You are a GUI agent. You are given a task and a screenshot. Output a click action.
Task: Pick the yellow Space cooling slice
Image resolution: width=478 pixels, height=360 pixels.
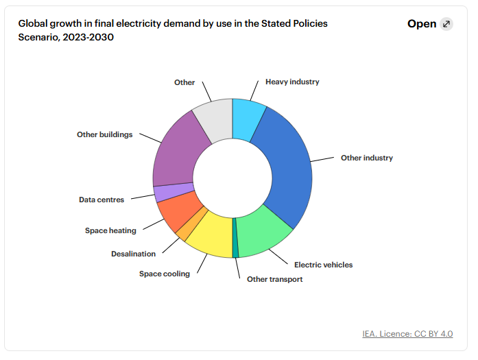coord(211,237)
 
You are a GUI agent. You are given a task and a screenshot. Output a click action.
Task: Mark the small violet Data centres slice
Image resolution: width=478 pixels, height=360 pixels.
coord(165,193)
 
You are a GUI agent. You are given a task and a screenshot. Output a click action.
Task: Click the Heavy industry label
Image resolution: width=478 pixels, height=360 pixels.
coord(292,82)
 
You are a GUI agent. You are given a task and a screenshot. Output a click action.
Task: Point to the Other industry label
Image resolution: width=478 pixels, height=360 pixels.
coord(367,158)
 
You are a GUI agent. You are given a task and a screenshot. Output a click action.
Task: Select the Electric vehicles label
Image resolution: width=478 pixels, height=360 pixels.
coord(323,265)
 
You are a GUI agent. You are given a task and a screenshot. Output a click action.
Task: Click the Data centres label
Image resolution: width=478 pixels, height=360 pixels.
coord(101,200)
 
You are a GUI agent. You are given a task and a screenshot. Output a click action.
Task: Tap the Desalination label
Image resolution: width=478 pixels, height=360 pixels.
coord(133,254)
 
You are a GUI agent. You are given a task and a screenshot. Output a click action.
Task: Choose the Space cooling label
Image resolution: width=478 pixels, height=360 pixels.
coord(165,274)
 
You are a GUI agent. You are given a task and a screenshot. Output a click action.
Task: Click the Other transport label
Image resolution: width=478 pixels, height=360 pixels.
coord(274,279)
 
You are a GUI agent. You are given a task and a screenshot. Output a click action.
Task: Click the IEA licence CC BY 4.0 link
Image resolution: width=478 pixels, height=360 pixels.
coord(407,334)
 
